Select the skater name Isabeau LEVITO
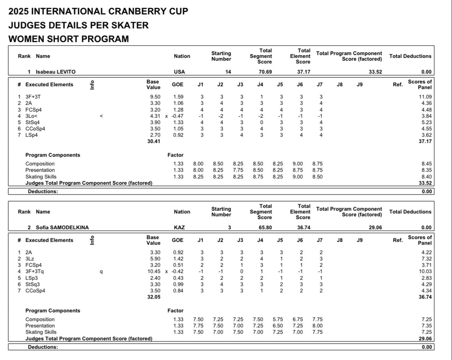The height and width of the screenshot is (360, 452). coord(55,72)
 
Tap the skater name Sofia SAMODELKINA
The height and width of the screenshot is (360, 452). coord(62,228)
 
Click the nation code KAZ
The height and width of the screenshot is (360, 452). coord(179,228)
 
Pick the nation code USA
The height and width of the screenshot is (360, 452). coord(179,72)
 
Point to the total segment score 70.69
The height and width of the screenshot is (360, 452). coord(265,72)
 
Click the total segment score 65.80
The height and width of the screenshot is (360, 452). coord(265,228)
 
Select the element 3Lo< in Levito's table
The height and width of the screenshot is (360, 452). coord(31,116)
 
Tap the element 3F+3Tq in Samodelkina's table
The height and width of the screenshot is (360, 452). coord(35,271)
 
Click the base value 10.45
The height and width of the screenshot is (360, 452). coord(154,271)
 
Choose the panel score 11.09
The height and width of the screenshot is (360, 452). coord(425,97)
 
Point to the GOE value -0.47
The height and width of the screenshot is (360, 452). coord(177,116)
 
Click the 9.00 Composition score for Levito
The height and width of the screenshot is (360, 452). coord(298,164)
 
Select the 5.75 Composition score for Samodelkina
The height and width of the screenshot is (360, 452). coord(278,319)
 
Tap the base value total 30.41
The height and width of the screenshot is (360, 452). coord(154,141)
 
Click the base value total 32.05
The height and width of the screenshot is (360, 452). coord(154,297)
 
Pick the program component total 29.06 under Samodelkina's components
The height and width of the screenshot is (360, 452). coord(425,338)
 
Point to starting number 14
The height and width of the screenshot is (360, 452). coord(228,72)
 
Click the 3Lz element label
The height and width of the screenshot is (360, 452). coord(30,259)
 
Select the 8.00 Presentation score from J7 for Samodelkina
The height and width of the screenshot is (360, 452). coord(317,326)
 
